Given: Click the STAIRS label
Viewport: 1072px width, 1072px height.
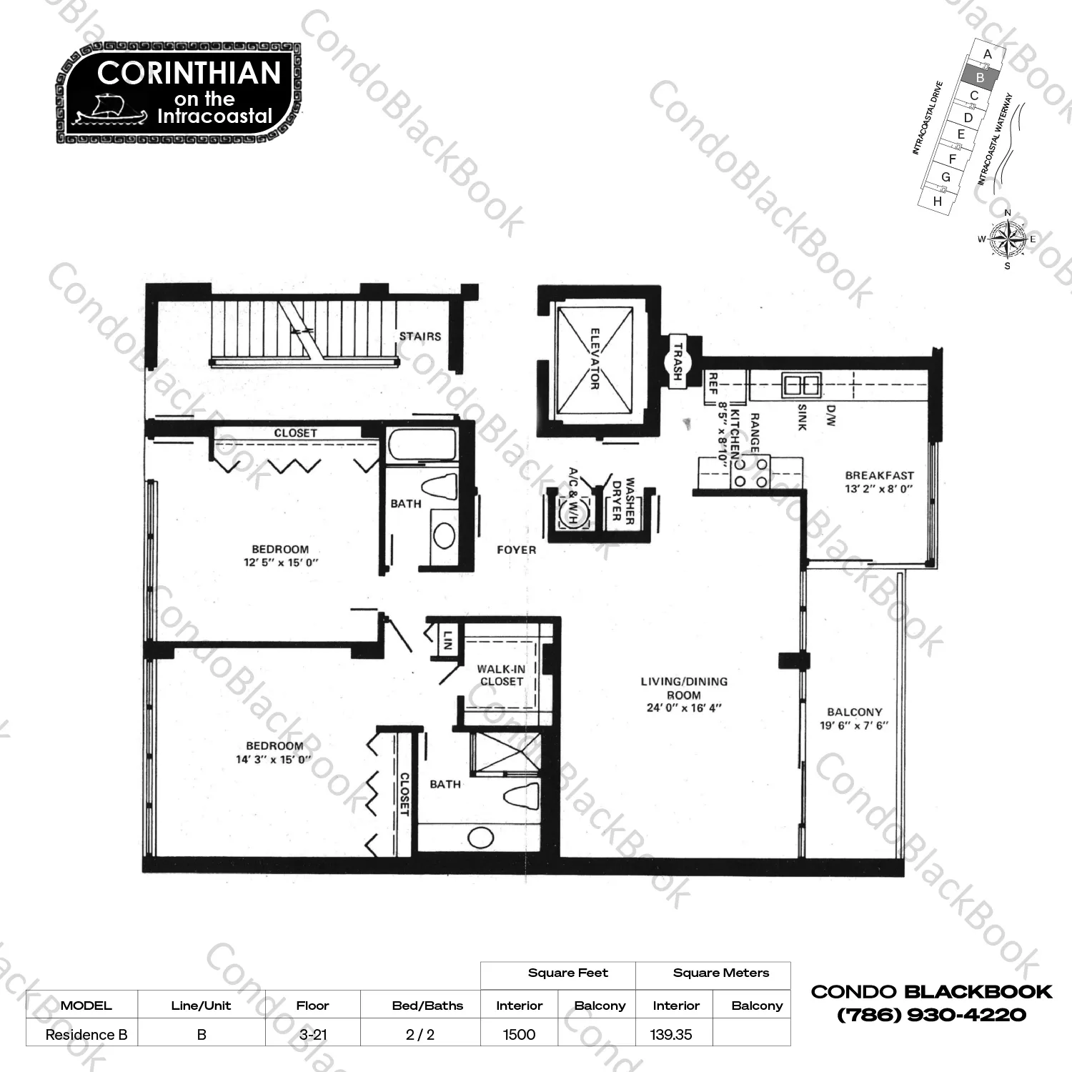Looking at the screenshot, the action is (x=420, y=336).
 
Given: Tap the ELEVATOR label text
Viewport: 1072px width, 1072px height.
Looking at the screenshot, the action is (x=595, y=359).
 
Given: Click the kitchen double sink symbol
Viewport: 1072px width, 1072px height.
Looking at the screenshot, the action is (x=801, y=384).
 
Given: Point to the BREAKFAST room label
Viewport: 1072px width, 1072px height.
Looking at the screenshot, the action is (x=879, y=475).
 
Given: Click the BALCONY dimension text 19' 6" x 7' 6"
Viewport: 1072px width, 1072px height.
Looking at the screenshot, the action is (x=854, y=725).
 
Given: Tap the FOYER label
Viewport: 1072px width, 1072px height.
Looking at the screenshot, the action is (x=516, y=550).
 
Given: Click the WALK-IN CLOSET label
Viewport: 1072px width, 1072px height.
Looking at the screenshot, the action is (x=501, y=675).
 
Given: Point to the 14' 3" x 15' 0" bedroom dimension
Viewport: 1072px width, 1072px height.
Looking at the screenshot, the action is (x=274, y=760).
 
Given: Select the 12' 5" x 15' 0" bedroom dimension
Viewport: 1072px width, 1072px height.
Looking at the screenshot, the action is (x=281, y=562).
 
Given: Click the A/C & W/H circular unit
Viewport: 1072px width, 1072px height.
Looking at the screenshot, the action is (x=571, y=512).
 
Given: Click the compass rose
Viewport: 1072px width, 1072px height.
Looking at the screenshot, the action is (x=1008, y=239).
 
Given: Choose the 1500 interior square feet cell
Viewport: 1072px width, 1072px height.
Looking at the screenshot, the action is (x=519, y=1034).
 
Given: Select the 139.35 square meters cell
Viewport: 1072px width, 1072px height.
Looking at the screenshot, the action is (x=671, y=1034).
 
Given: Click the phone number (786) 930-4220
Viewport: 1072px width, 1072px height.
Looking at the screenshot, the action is (x=931, y=1015).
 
